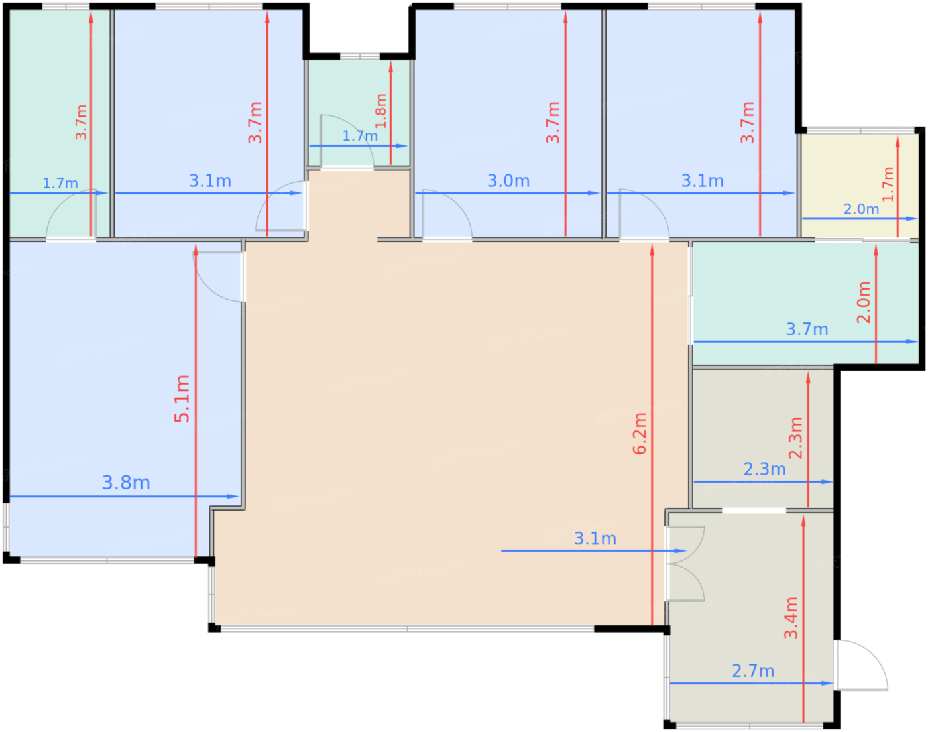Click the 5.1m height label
click(x=182, y=398)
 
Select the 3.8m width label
click(x=126, y=483)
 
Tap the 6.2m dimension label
click(x=640, y=434)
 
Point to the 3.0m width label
click(x=508, y=181)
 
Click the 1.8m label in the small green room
click(x=381, y=111)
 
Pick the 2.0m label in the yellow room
click(x=861, y=210)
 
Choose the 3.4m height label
click(x=791, y=618)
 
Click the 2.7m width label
click(x=753, y=671)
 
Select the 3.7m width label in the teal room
click(x=807, y=330)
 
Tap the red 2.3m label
click(x=795, y=438)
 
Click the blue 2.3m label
click(x=764, y=469)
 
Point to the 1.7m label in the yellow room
click(x=888, y=184)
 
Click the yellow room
click(x=860, y=186)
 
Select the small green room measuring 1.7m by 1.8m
click(x=359, y=113)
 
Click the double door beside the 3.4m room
click(x=685, y=564)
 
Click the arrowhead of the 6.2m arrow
click(x=652, y=249)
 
